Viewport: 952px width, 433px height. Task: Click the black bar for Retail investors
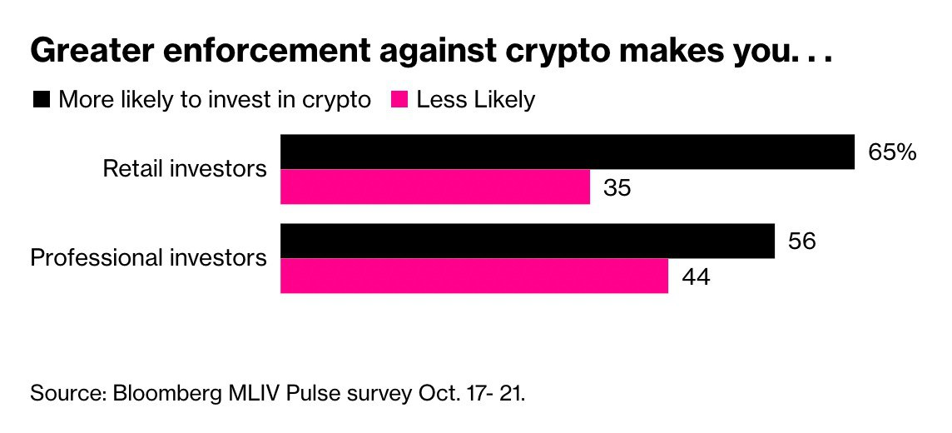tap(568, 151)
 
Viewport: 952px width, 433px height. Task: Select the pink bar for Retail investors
tap(435, 187)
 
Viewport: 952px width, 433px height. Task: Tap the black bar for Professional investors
tap(528, 241)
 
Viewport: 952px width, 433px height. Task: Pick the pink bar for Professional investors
tap(474, 276)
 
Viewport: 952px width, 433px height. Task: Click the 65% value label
tap(892, 152)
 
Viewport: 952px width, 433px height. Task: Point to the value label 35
tap(617, 187)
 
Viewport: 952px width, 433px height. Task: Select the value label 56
tap(801, 241)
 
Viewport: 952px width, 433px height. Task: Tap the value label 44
tap(696, 276)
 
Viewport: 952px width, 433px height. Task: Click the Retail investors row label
tap(185, 169)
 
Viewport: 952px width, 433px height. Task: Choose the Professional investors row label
tap(149, 257)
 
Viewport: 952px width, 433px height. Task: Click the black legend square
tap(41, 100)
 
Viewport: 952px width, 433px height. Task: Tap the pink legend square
tap(399, 100)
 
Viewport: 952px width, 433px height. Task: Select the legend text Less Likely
tap(476, 100)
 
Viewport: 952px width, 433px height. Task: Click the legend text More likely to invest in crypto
tap(215, 100)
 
